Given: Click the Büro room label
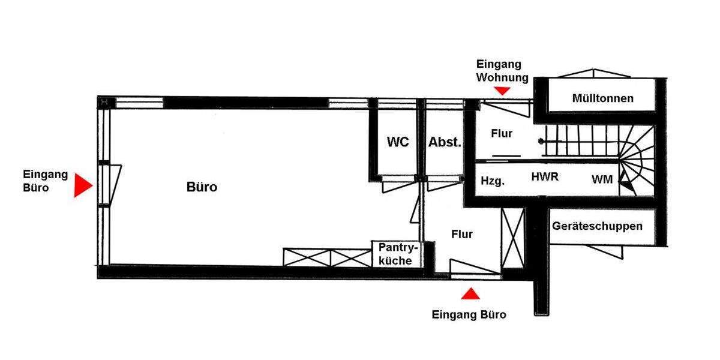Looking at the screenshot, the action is pyautogui.click(x=202, y=187).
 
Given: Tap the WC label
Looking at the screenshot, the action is pyautogui.click(x=398, y=142).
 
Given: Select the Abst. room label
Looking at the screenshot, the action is pyautogui.click(x=445, y=143).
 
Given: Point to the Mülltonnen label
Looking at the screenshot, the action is pyautogui.click(x=602, y=98).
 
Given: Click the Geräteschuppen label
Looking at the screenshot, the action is pyautogui.click(x=597, y=226).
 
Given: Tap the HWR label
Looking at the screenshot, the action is pyautogui.click(x=545, y=177).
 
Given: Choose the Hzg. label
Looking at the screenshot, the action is pyautogui.click(x=493, y=180).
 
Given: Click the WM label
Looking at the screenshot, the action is pyautogui.click(x=602, y=179).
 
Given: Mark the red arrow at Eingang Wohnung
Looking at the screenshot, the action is pyautogui.click(x=503, y=90).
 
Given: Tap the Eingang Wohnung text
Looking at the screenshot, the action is pyautogui.click(x=502, y=70).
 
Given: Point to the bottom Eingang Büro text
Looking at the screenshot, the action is pyautogui.click(x=469, y=314).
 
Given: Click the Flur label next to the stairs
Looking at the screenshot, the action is pyautogui.click(x=502, y=133).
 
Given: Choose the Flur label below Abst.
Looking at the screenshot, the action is pyautogui.click(x=462, y=234).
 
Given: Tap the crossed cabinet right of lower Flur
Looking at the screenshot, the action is pyautogui.click(x=513, y=238).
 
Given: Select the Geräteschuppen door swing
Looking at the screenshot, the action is pyautogui.click(x=609, y=251).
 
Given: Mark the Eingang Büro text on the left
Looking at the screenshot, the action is pyautogui.click(x=46, y=181).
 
